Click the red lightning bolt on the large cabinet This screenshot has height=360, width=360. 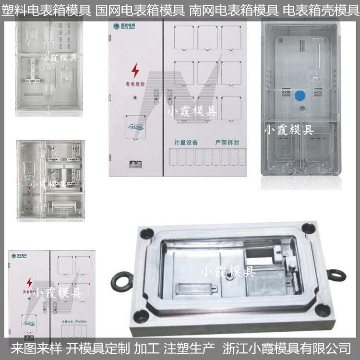[135, 71]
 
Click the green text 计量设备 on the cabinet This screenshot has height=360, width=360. [186, 143]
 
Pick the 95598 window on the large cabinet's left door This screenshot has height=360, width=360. [135, 127]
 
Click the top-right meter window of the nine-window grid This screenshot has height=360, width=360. [231, 37]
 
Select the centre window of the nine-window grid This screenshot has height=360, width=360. [207, 72]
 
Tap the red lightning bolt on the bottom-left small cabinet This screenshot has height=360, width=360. [29, 282]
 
